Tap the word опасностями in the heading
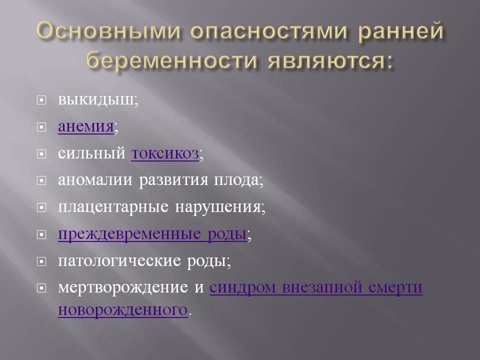[x=268, y=31]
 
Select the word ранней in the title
[x=400, y=31]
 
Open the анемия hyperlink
[x=85, y=126]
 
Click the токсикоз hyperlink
[x=165, y=153]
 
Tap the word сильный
[x=91, y=153]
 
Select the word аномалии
[x=95, y=179]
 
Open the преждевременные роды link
[x=152, y=234]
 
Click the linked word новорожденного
[x=123, y=310]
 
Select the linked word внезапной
[x=322, y=287]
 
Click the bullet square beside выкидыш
[x=41, y=100]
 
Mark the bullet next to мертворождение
[x=41, y=288]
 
